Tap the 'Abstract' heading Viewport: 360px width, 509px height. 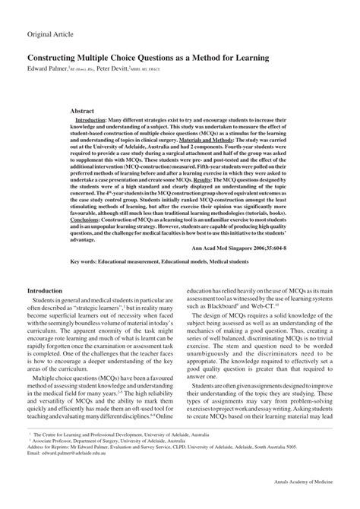pos(83,111)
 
